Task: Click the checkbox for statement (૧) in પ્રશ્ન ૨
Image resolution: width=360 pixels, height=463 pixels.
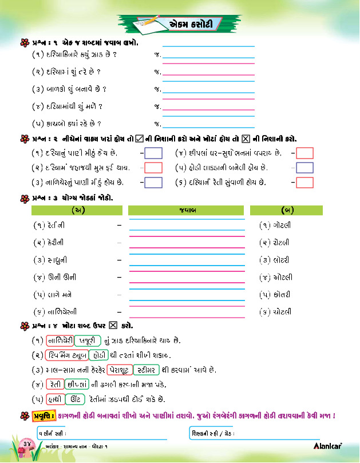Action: [x=153, y=153]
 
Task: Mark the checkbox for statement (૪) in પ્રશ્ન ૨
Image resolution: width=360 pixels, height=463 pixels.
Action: [x=305, y=153]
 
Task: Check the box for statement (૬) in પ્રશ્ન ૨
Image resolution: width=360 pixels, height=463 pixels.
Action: [x=305, y=183]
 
